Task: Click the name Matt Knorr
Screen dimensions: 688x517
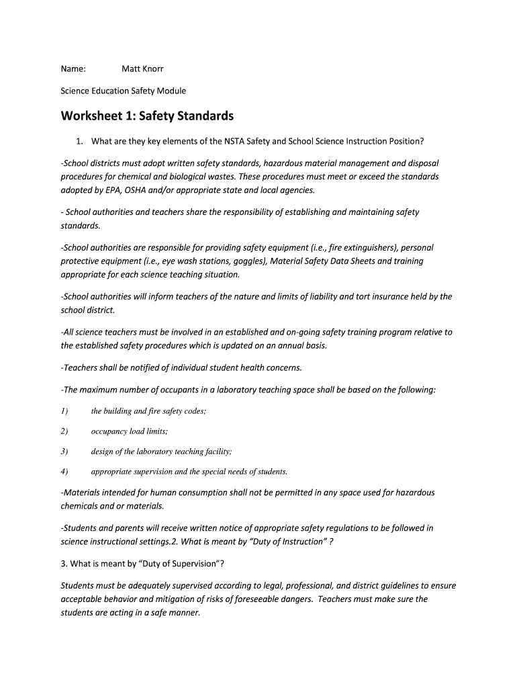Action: click(x=142, y=69)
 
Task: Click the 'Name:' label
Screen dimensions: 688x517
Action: click(x=73, y=69)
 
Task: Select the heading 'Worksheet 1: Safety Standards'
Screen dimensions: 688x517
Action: click(x=147, y=116)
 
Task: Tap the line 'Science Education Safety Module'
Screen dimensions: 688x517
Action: click(x=124, y=91)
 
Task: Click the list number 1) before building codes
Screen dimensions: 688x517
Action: click(x=64, y=411)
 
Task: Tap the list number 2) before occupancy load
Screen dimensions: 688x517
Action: click(x=64, y=431)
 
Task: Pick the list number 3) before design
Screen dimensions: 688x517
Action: click(x=64, y=451)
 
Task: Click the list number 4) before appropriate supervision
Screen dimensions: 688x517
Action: click(x=64, y=472)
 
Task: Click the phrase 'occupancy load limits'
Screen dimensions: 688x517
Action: click(x=130, y=431)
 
